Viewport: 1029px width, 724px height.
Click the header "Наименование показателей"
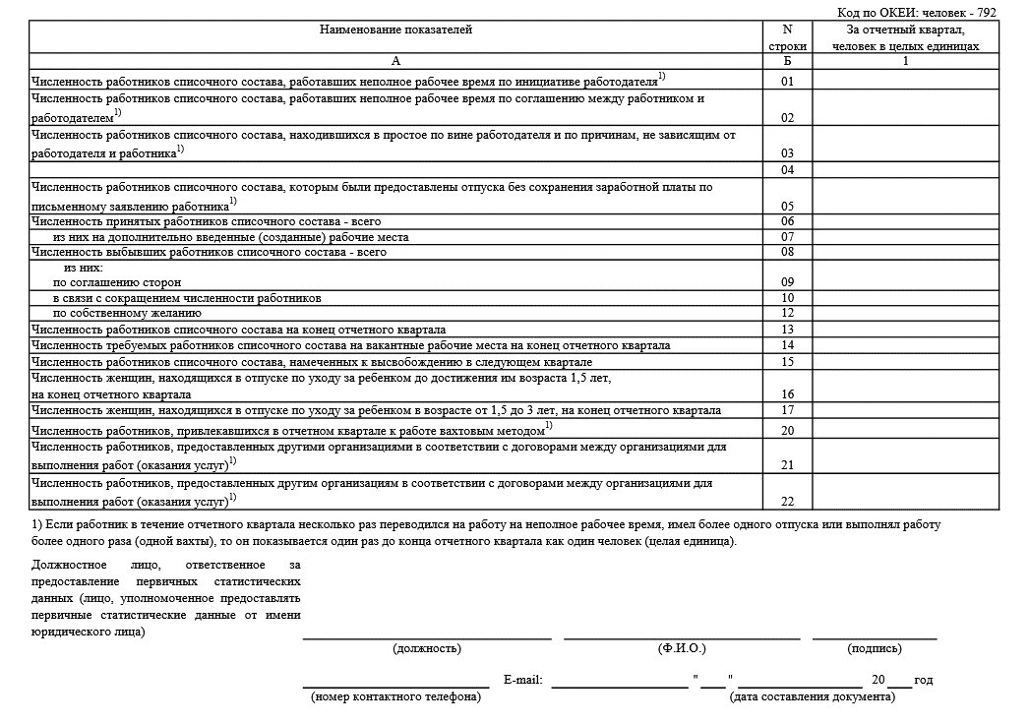coord(395,30)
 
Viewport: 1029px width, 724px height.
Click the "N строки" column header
coord(787,37)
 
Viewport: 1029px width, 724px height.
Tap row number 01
coord(787,81)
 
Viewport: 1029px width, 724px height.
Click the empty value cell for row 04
coord(905,170)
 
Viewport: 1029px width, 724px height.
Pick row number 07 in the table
coord(787,237)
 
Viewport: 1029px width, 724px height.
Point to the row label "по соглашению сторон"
coord(117,282)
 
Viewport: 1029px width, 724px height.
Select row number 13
coord(787,330)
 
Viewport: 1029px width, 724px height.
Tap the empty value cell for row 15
coord(905,362)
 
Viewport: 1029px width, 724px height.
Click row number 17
coord(787,410)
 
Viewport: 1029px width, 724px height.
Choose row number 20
coord(787,431)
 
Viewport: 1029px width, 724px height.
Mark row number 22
coord(787,502)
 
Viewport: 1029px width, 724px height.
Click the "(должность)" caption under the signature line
coord(426,649)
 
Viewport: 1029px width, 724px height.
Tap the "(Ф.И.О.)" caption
coord(682,649)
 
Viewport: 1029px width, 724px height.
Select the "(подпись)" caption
coord(874,649)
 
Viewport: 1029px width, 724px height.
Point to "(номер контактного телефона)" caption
coord(395,697)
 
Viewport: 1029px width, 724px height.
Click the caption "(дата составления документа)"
coord(812,697)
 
